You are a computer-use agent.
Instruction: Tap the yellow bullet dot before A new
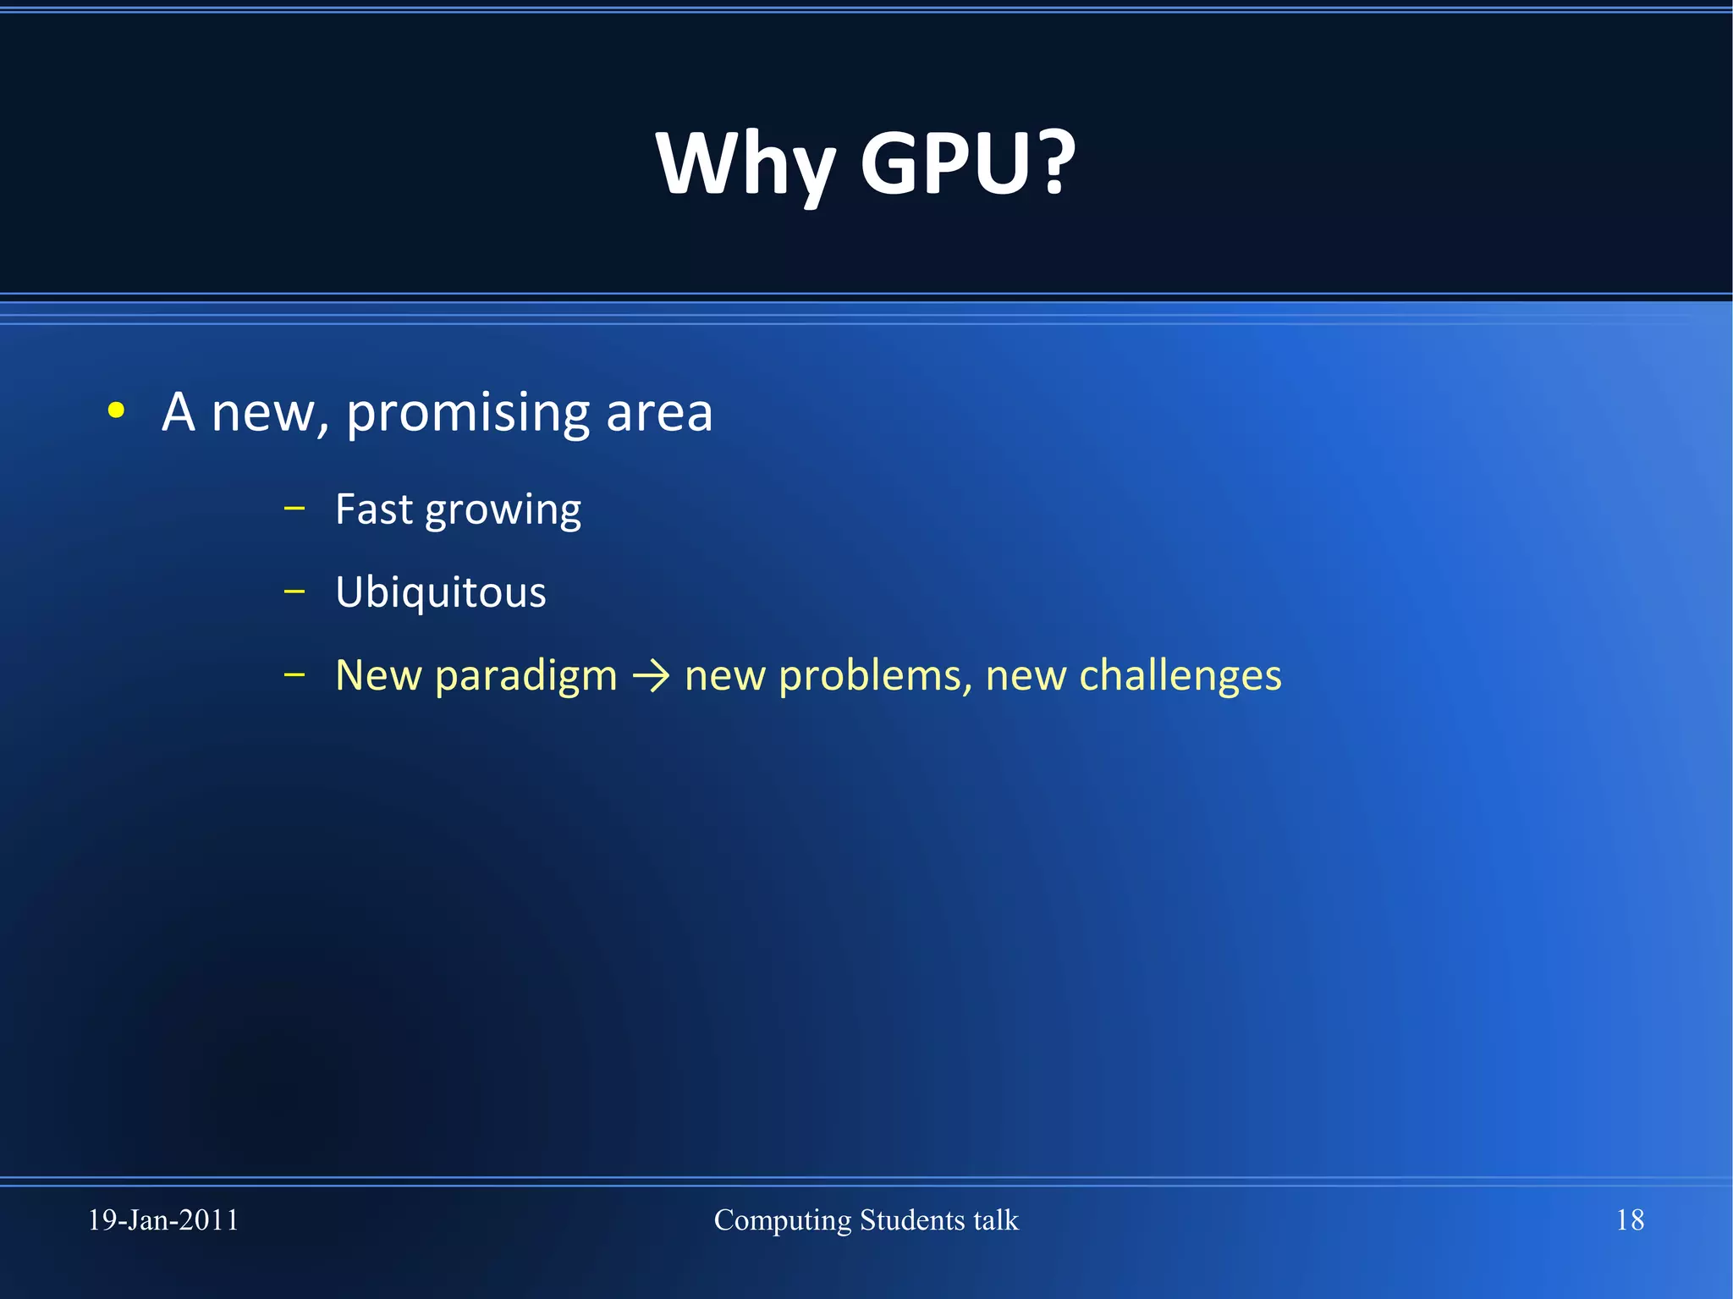117,411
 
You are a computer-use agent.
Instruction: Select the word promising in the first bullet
467,413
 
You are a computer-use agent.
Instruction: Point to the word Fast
374,509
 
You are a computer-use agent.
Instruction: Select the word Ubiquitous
440,592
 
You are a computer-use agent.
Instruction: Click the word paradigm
525,676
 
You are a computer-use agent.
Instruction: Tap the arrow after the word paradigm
651,676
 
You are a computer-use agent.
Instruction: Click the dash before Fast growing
294,509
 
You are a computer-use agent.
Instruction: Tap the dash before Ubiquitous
294,592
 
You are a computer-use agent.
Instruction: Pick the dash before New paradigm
294,674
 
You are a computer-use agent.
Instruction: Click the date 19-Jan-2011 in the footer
163,1220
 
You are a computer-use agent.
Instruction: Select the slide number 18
1630,1220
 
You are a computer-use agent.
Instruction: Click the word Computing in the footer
782,1220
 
